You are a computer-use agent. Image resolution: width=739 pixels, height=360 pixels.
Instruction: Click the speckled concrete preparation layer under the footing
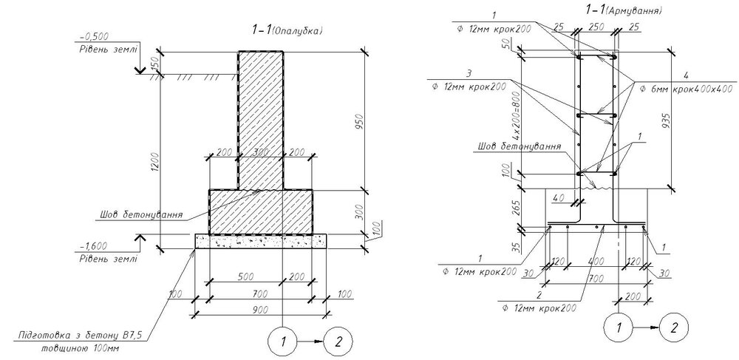(x=259, y=241)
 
